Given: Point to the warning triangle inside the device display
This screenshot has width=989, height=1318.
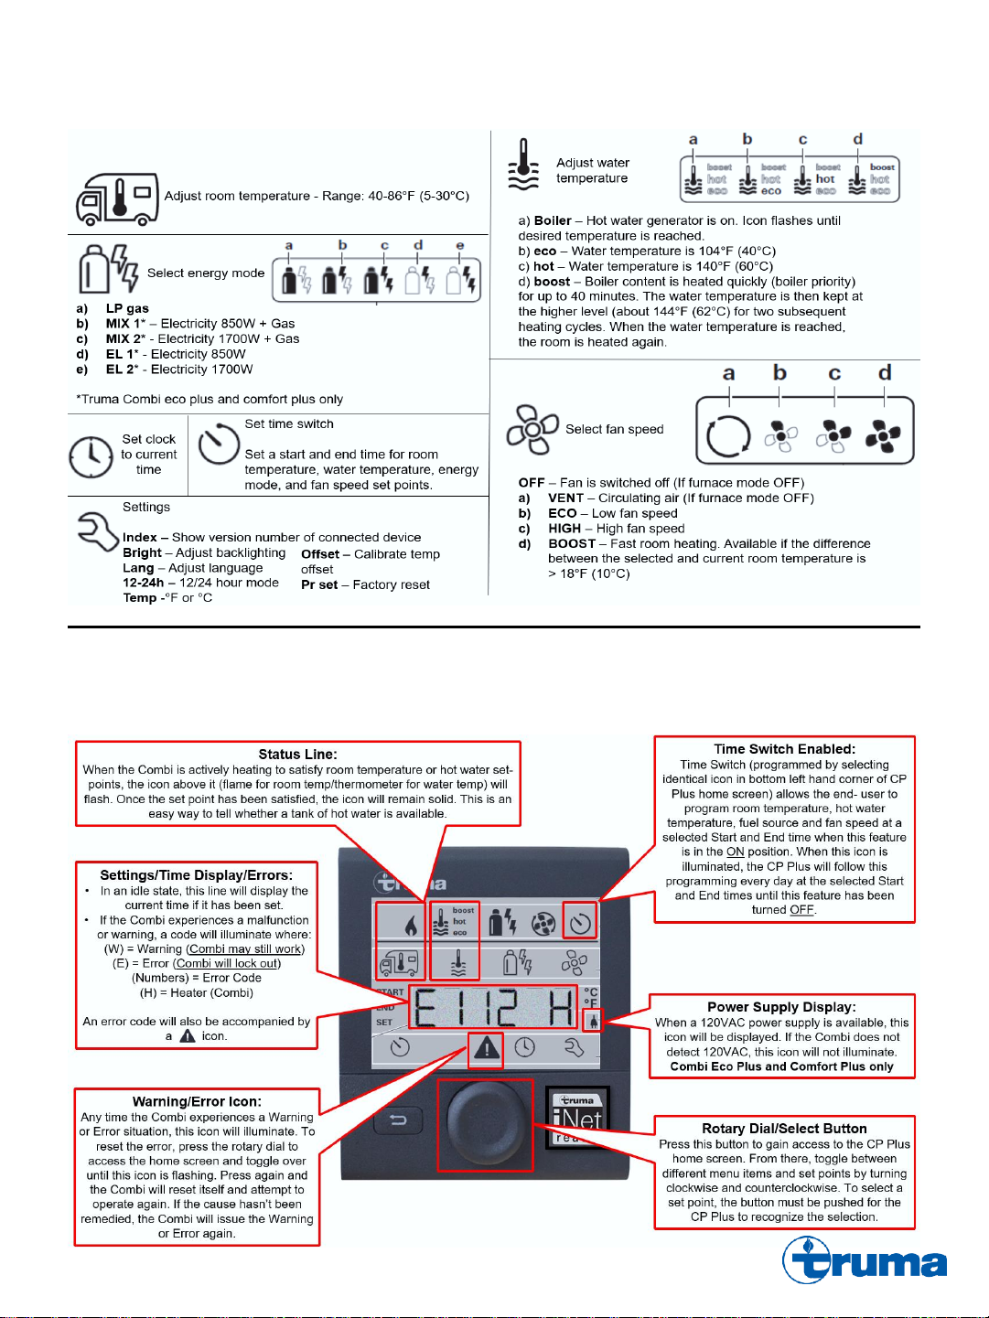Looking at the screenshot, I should point(487,1047).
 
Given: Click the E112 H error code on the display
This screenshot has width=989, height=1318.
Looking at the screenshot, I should point(494,1008).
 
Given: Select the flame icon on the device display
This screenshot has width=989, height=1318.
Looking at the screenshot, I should point(410,925).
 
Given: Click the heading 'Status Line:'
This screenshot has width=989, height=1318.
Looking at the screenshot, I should point(297,755).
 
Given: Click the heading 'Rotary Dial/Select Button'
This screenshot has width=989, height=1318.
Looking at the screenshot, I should point(784,1129).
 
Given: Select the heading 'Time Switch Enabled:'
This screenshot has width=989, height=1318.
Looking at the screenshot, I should point(784,749).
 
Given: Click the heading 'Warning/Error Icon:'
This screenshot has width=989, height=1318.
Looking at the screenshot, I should point(197,1102).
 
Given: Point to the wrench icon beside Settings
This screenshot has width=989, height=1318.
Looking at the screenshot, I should point(97,530).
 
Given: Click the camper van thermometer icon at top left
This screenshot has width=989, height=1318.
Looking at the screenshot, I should point(117,198).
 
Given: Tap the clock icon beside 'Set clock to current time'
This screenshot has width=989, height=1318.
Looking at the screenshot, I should point(91,455).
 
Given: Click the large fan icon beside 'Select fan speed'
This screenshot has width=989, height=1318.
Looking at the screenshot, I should point(532,429).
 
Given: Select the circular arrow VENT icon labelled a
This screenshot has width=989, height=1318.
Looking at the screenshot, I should point(728,435).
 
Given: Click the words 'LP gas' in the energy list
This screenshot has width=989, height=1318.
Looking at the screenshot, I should point(127,308).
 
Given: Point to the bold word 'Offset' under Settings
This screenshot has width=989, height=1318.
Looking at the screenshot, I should point(319,554).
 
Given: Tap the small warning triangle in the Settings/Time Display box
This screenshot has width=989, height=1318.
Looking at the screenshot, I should point(188,1036).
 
